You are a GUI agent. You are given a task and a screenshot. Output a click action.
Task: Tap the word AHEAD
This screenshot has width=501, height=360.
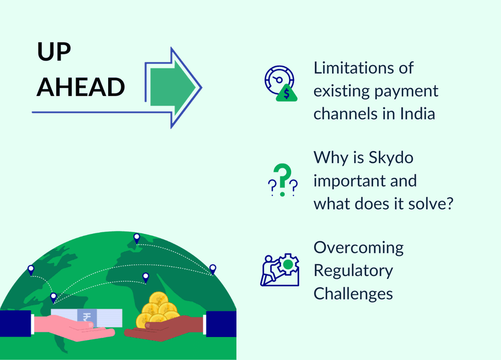coord(81,87)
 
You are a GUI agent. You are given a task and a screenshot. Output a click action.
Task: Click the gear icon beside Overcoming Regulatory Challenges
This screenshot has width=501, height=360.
coord(288,264)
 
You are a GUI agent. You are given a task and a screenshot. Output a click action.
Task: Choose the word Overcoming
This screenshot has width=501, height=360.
coord(359,247)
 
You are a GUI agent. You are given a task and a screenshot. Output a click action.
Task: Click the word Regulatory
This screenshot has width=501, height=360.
coord(353,271)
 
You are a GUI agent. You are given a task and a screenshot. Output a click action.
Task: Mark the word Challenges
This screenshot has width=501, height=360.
coord(353,293)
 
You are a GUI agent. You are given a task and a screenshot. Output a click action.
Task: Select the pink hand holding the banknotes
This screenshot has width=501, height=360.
coord(75,330)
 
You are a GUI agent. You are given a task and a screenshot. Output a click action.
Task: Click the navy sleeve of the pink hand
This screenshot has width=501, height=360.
coord(15,323)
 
